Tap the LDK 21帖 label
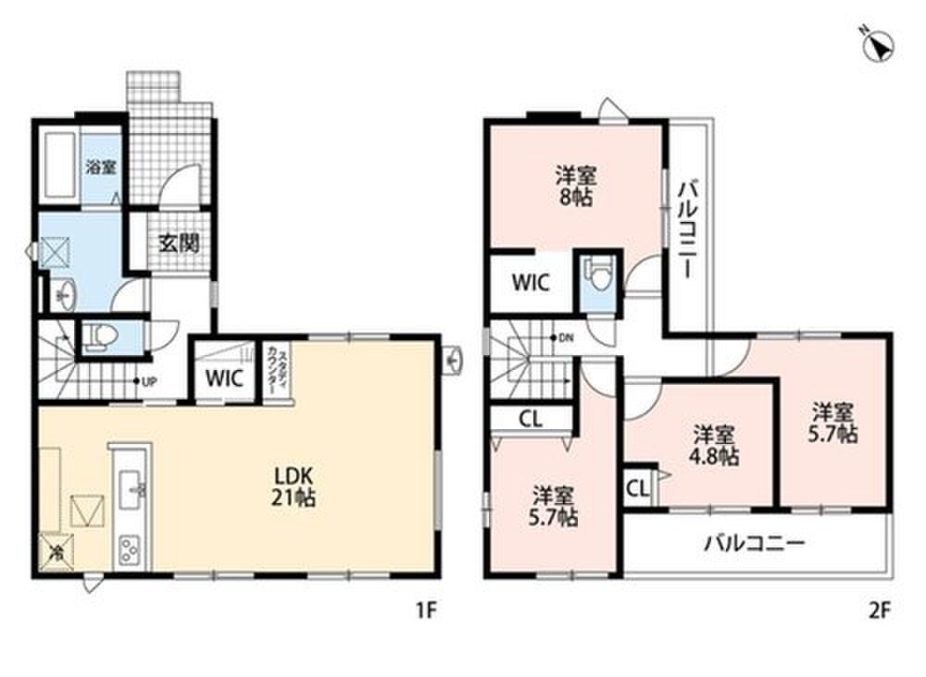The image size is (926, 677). (294, 486)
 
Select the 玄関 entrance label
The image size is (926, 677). (179, 242)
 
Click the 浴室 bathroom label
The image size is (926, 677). (100, 166)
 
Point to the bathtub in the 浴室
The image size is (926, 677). (59, 166)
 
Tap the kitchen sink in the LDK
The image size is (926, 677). (132, 488)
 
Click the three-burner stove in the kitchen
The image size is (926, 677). (131, 552)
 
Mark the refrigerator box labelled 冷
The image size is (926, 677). (57, 551)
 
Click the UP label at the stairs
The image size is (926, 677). (149, 382)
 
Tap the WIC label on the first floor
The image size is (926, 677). (224, 377)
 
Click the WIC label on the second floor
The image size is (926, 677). (531, 282)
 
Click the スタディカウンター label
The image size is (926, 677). (278, 373)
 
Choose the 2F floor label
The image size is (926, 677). (879, 611)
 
